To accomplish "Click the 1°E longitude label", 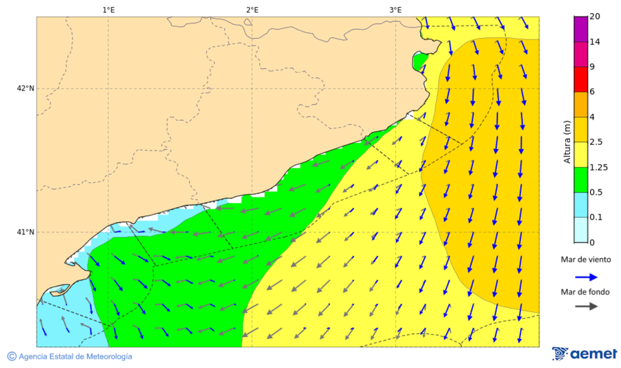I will (x=108, y=10).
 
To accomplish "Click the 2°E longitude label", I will (x=252, y=10).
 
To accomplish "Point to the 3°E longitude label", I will (x=395, y=10).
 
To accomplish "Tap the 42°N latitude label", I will (x=26, y=88).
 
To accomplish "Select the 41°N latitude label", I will (x=26, y=232).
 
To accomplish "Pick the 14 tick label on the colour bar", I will (x=594, y=42).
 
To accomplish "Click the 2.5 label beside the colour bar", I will (x=595, y=142).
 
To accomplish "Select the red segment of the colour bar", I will (x=580, y=79).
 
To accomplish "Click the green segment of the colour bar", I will (x=580, y=180).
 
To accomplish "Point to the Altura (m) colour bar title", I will (x=567, y=142).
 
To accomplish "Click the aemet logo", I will (x=584, y=354).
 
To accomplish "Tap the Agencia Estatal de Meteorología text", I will (x=75, y=356).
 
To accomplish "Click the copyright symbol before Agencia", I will (x=12, y=356).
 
